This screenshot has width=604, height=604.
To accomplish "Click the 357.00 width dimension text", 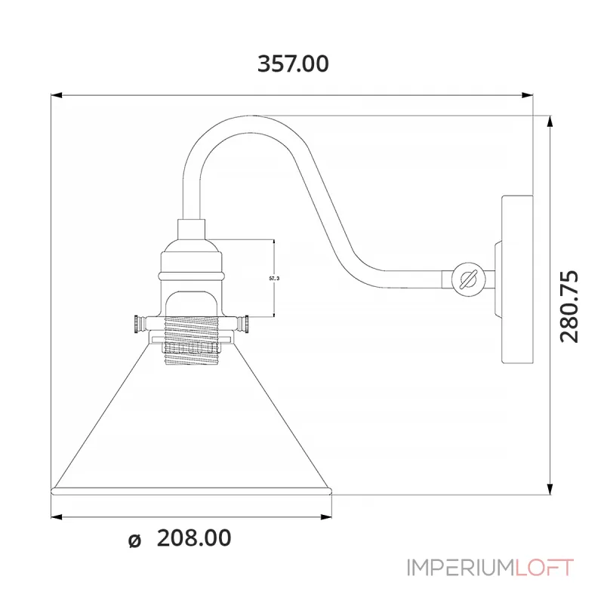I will click(293, 64).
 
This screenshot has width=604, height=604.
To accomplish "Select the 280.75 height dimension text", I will click(572, 306).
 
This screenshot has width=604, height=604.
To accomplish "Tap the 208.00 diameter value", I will click(194, 538).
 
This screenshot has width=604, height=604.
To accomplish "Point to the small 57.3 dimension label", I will click(274, 279).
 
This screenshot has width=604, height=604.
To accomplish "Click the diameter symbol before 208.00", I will click(134, 540).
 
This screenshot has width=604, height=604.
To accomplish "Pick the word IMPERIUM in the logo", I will click(460, 567).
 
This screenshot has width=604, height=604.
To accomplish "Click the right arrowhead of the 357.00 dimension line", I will click(528, 95).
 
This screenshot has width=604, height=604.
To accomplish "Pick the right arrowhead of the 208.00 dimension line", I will click(329, 517).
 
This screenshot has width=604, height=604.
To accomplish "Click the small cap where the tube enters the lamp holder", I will click(192, 228).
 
